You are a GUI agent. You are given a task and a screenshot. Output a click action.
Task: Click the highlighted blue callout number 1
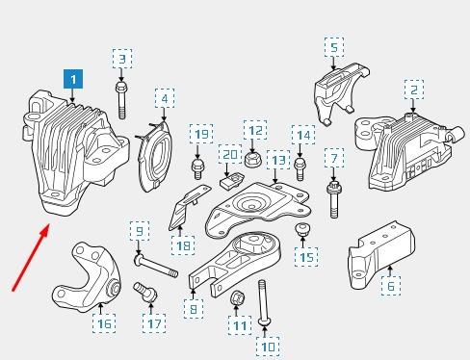click(x=73, y=79)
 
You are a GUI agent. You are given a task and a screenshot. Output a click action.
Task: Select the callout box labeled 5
click(x=334, y=47)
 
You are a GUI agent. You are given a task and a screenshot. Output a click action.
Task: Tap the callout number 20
click(x=230, y=154)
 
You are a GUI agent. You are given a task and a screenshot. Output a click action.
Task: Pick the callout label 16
click(x=104, y=323)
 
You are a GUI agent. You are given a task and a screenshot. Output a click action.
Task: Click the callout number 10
click(x=268, y=347)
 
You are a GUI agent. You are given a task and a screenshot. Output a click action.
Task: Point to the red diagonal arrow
click(x=31, y=258)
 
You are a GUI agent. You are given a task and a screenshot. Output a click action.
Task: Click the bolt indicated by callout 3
click(x=121, y=100)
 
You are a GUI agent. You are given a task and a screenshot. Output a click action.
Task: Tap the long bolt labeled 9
click(x=156, y=266)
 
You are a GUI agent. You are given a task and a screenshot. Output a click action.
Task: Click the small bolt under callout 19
click(x=197, y=168)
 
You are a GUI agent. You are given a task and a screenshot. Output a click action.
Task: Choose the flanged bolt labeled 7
click(x=333, y=199)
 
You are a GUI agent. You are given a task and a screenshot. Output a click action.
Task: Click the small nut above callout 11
click(x=238, y=297)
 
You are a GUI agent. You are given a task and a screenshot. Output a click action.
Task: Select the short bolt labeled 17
click(x=145, y=292)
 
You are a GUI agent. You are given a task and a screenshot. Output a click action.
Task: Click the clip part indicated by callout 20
click(x=231, y=181)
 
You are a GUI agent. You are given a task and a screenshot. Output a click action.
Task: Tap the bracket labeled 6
click(x=381, y=255)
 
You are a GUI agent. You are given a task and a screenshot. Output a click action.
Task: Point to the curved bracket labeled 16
click(x=86, y=278)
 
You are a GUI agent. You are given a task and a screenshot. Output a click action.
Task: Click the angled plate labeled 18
click(x=189, y=207)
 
